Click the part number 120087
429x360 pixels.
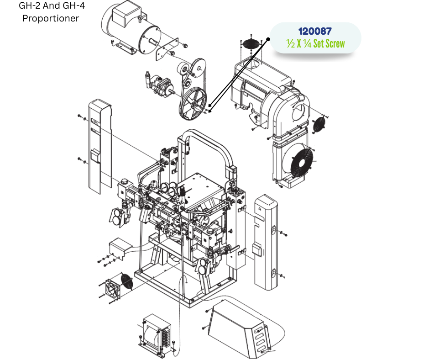tap(315, 31)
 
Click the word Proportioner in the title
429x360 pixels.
tap(51, 18)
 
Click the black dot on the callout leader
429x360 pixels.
tap(268, 39)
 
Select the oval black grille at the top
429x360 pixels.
tap(251, 44)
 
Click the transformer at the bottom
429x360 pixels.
tap(157, 334)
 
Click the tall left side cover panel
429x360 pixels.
tap(100, 147)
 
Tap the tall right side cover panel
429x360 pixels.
tap(266, 242)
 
